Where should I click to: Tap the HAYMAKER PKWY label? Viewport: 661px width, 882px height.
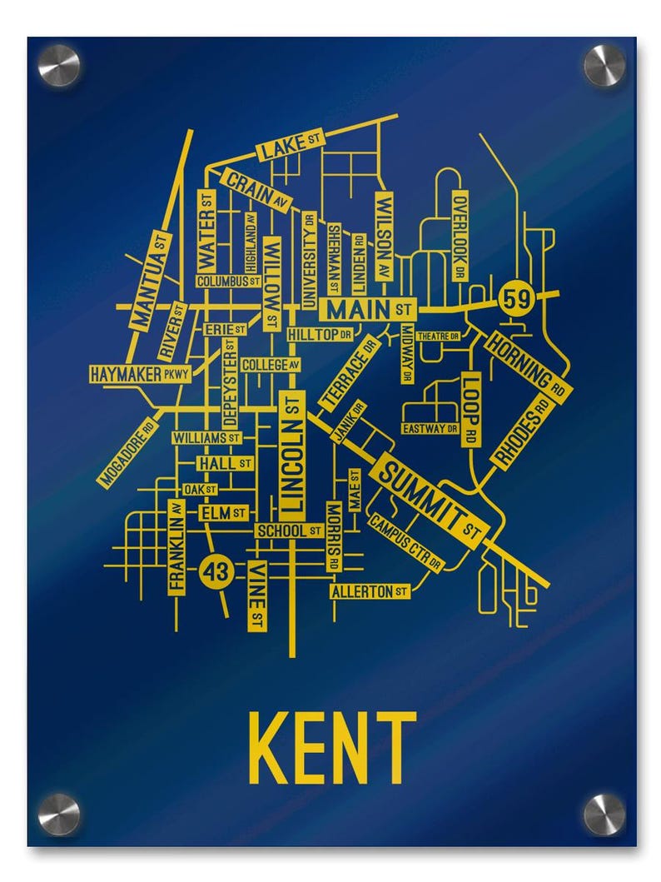[140, 374]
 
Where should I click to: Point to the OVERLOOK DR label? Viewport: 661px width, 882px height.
[460, 236]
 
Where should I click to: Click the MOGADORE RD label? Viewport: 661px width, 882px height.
[127, 451]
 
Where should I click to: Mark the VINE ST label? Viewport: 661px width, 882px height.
[258, 595]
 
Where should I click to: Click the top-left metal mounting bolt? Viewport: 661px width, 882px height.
[58, 65]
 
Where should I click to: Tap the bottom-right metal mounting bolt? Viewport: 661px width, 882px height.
[604, 814]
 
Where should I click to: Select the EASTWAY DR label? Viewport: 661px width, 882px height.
[430, 429]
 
